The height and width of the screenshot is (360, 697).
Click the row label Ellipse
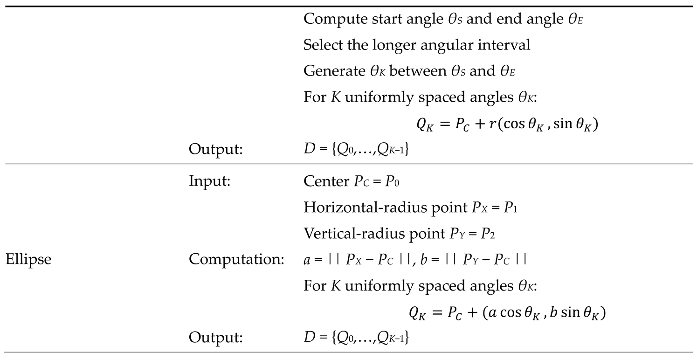[28, 259]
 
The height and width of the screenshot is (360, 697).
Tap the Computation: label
[236, 259]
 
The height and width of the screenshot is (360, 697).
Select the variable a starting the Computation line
[306, 260]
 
